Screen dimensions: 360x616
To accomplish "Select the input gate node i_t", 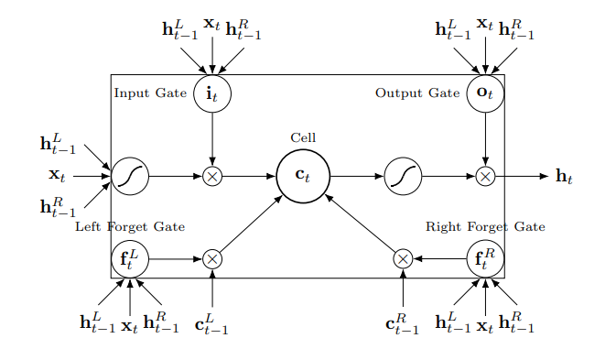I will [212, 93].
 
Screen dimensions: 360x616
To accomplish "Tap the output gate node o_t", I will [485, 93].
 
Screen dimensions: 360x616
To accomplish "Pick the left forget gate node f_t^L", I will [130, 259].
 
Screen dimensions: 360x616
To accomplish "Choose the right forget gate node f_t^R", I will [485, 259].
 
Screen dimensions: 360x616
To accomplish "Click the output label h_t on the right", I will [565, 176].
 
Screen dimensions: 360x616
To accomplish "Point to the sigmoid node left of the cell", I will [130, 176].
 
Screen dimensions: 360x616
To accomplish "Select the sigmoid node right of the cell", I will [403, 176].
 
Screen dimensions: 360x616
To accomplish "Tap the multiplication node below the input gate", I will [212, 176].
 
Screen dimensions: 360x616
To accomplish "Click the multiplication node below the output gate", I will [485, 176].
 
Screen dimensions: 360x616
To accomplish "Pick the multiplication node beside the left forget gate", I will [212, 259].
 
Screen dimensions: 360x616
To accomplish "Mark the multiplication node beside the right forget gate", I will [403, 259].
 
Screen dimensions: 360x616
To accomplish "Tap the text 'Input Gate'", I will [150, 93].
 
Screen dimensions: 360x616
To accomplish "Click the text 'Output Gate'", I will [417, 93].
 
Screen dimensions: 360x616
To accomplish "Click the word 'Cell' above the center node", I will [303, 137].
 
